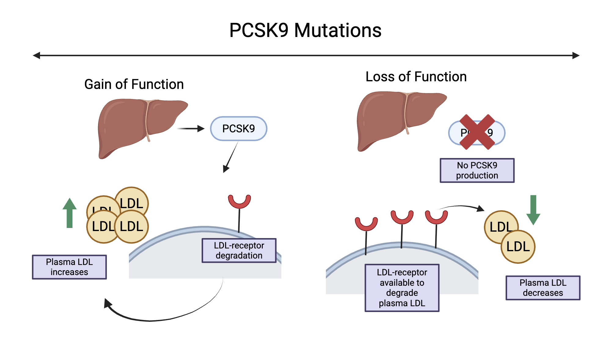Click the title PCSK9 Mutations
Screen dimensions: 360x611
(305, 30)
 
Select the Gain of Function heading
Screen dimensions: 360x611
(134, 84)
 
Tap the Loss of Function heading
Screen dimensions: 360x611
(416, 76)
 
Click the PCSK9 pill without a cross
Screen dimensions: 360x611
(238, 129)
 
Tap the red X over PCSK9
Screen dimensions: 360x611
(477, 132)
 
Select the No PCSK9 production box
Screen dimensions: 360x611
(477, 170)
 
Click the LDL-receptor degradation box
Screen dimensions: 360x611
(239, 250)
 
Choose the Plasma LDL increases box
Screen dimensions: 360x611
(69, 267)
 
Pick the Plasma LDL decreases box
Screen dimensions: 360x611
(543, 288)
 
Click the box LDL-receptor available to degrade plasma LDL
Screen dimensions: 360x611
(402, 288)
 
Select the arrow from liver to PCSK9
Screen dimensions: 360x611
(191, 129)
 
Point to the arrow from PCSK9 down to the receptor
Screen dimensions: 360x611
(231, 157)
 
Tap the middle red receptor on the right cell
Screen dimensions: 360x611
(402, 218)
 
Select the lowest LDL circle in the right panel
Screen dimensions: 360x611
(518, 247)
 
